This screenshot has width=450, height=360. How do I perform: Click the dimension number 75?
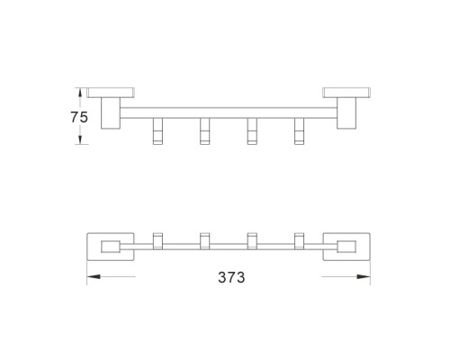[x=79, y=117]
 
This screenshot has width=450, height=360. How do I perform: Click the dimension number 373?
[x=231, y=277]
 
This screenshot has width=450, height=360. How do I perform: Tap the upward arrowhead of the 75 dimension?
[x=80, y=93]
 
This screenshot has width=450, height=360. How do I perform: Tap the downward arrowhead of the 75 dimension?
[x=80, y=139]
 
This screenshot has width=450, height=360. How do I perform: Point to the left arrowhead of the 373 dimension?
[x=94, y=276]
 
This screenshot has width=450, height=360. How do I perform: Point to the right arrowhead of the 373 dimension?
[x=364, y=276]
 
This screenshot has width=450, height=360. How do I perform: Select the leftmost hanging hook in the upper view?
[x=157, y=131]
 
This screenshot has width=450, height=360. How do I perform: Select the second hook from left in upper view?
[x=205, y=131]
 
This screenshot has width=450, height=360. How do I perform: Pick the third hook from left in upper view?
[x=252, y=131]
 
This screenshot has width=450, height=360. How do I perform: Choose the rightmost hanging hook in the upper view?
[x=299, y=131]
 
